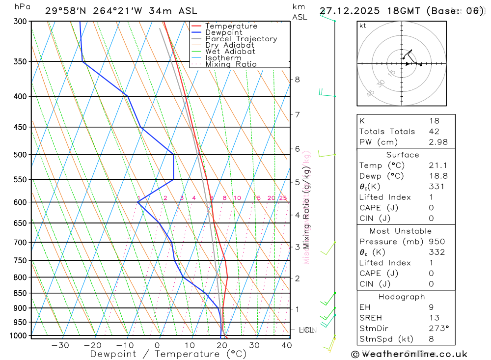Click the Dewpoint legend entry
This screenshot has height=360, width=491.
(x=223, y=32)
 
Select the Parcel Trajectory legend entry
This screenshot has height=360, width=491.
(x=241, y=39)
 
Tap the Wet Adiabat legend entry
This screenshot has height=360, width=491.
(x=230, y=52)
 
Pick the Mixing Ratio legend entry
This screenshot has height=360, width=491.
(x=231, y=64)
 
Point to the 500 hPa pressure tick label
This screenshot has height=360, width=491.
(x=20, y=155)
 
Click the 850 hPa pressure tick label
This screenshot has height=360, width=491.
(x=20, y=293)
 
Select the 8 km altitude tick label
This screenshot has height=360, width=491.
(x=297, y=80)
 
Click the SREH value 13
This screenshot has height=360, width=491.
(x=434, y=318)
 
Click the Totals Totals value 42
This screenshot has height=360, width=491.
(x=434, y=132)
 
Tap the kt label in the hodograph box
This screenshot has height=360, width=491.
(x=363, y=26)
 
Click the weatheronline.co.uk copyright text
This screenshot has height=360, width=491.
(x=409, y=354)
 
